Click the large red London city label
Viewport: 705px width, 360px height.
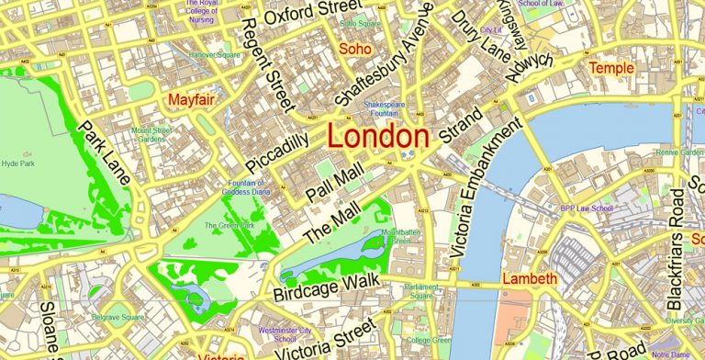click(377, 137)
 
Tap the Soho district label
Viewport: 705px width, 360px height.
click(355, 47)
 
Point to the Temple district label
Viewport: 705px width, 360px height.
click(611, 68)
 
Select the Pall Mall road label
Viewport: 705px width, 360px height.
click(335, 182)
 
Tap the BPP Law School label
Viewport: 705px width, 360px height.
click(587, 208)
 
